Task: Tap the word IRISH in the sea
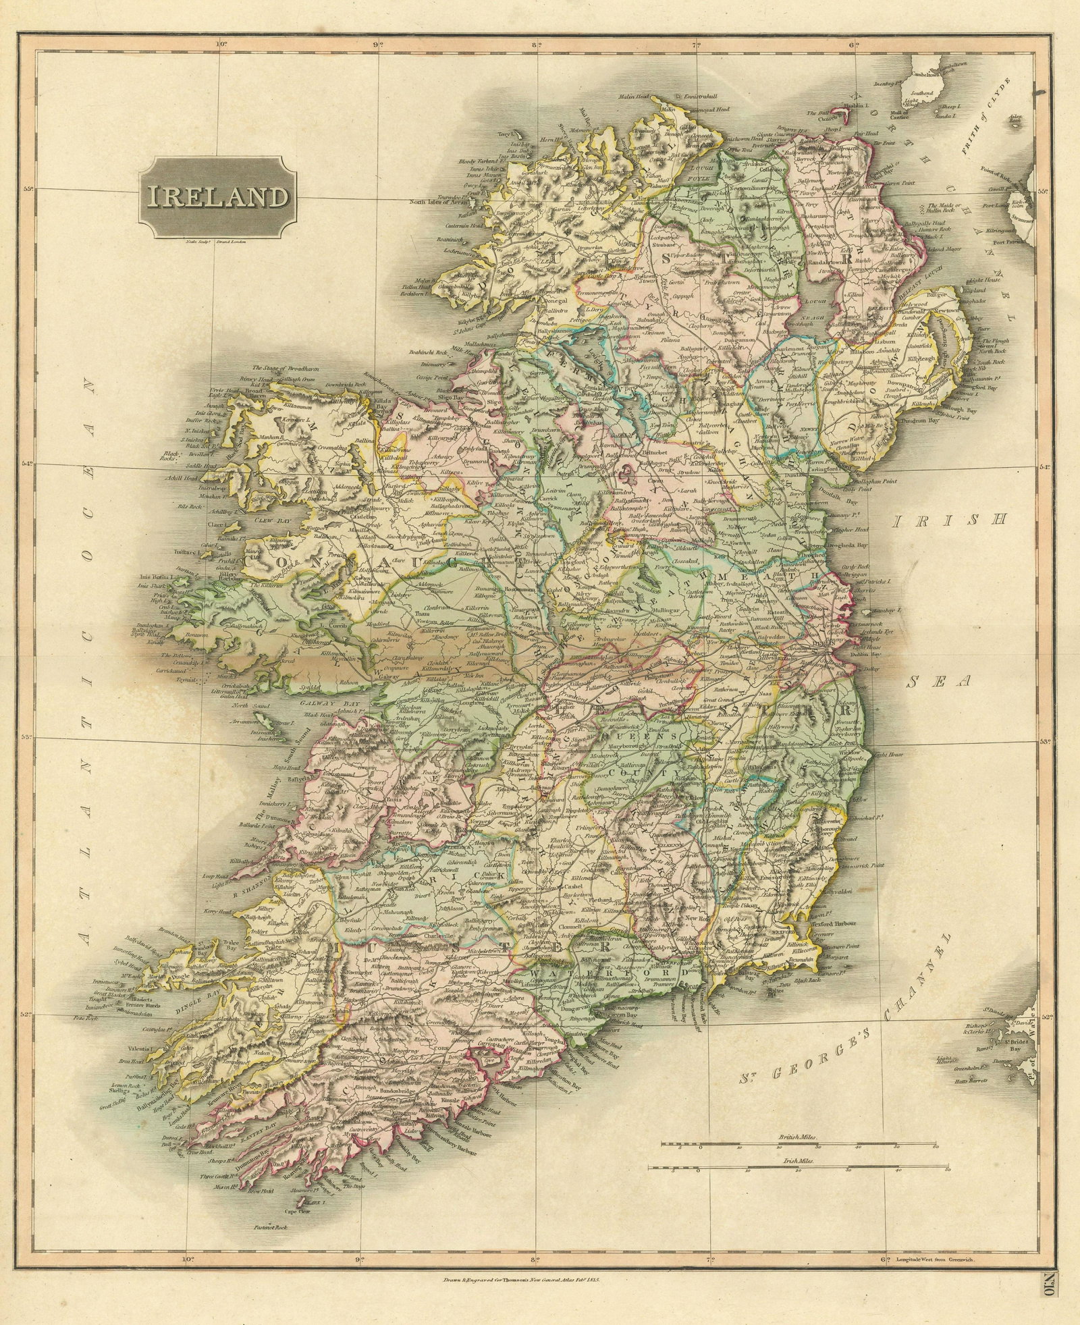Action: (950, 520)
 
